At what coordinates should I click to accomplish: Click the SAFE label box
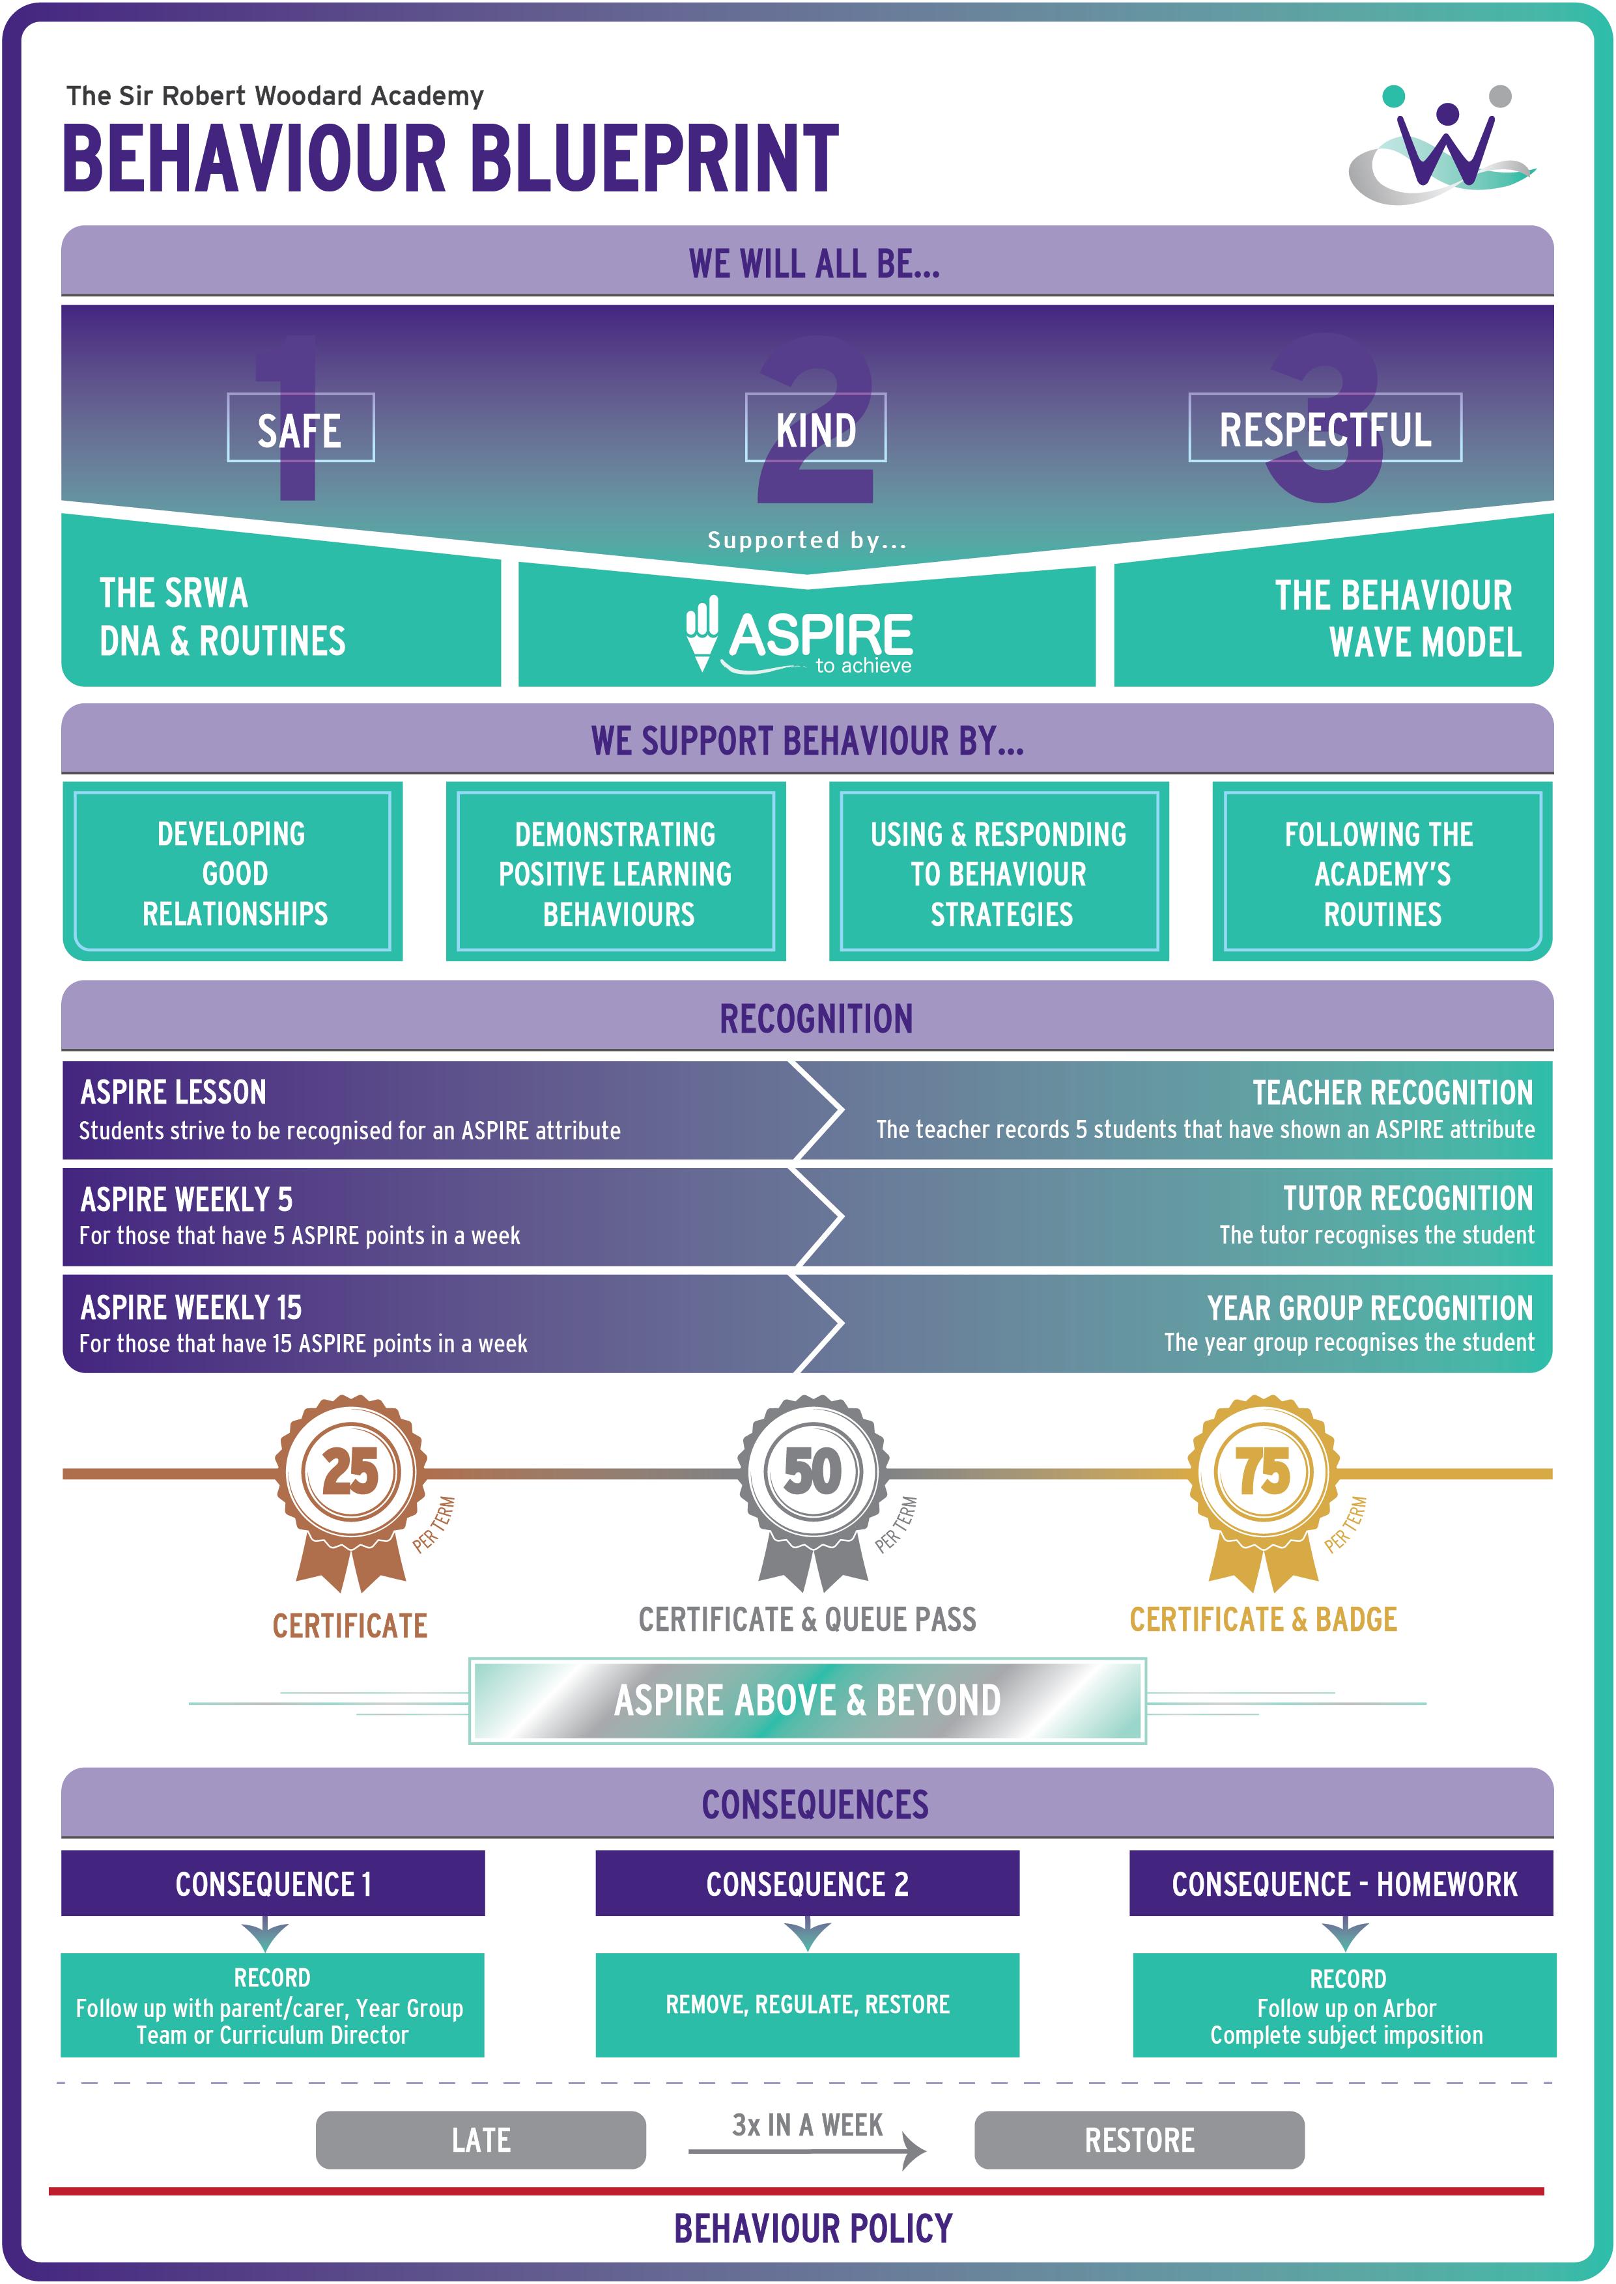[300, 428]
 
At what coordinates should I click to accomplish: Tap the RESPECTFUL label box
[1324, 428]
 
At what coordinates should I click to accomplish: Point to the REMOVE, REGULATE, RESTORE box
[807, 2005]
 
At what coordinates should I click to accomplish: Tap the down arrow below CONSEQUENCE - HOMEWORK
[1344, 1935]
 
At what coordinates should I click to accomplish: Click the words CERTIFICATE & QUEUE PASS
[807, 1619]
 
